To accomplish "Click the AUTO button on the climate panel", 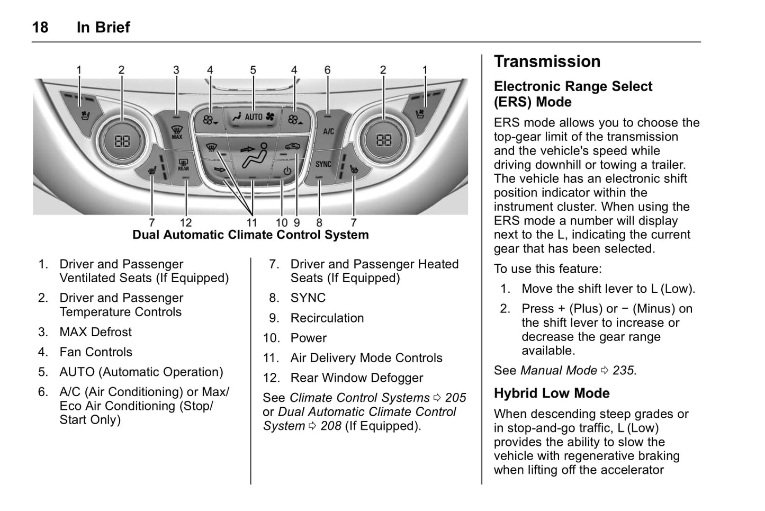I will click(253, 117).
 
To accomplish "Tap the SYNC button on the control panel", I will click(323, 165).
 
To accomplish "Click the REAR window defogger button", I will click(183, 165).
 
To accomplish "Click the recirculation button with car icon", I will click(292, 147).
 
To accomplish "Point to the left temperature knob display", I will click(122, 140).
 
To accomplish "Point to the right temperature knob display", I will click(384, 140).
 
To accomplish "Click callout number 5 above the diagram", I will click(253, 70).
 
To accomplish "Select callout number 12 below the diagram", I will click(185, 223).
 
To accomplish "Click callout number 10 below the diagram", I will click(281, 223).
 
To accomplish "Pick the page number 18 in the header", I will click(40, 27).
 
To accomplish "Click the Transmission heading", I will click(547, 61).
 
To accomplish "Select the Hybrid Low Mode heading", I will click(552, 393).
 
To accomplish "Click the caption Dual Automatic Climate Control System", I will click(250, 235).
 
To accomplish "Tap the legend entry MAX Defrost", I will click(95, 332).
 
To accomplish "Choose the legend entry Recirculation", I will click(327, 318).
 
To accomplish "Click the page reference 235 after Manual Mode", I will click(623, 370).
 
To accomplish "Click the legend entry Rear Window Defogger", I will click(356, 378).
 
